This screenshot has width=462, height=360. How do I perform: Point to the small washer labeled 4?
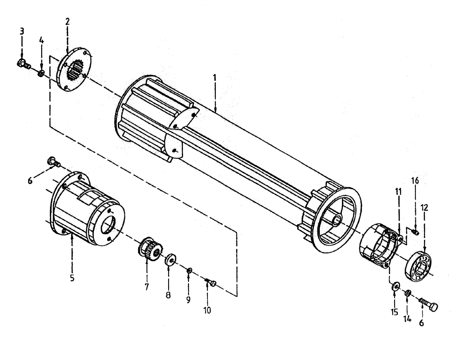[x=42, y=73]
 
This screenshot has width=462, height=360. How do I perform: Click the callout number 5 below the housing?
[x=72, y=278]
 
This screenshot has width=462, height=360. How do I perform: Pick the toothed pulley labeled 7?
[x=148, y=249]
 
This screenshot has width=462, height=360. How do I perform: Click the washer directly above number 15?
[x=395, y=287]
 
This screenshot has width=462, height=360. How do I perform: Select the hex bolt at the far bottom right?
[x=430, y=305]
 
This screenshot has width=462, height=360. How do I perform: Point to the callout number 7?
[x=146, y=287]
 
